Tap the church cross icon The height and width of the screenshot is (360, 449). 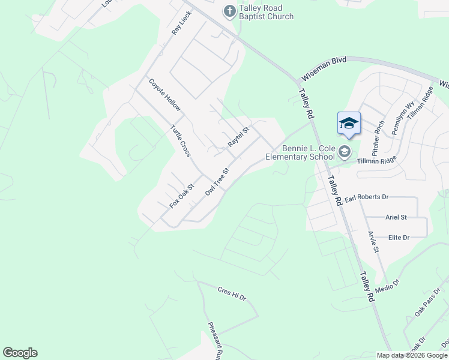pyautogui.click(x=229, y=11)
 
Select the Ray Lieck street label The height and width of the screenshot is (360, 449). pyautogui.click(x=181, y=22)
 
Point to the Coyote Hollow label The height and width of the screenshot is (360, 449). pyautogui.click(x=164, y=95)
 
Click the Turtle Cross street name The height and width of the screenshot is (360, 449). pyautogui.click(x=180, y=141)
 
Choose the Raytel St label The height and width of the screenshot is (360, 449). pyautogui.click(x=238, y=136)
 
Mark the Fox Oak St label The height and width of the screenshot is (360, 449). pyautogui.click(x=181, y=196)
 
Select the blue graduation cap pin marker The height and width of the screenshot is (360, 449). pyautogui.click(x=349, y=124)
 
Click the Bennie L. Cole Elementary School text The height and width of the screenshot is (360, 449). pyautogui.click(x=300, y=153)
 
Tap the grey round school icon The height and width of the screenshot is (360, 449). pyautogui.click(x=345, y=152)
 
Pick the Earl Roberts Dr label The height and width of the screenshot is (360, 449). pyautogui.click(x=367, y=197)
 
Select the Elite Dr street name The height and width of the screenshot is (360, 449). pyautogui.click(x=399, y=238)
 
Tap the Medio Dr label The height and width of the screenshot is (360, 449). pyautogui.click(x=387, y=285)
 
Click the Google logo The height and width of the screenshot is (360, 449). pyautogui.click(x=20, y=353)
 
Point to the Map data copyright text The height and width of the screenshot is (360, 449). pyautogui.click(x=412, y=355)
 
